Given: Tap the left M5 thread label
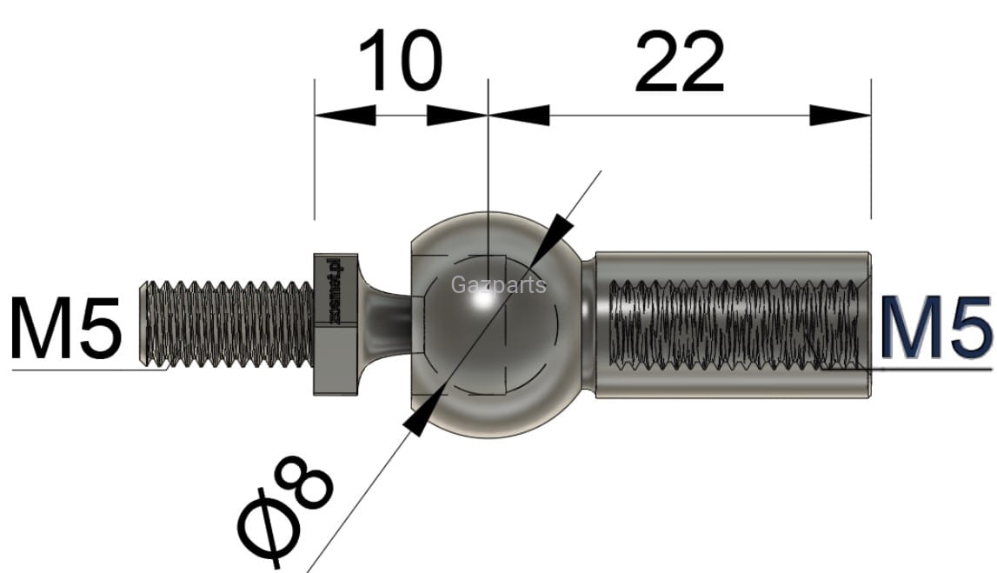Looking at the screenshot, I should [66, 329].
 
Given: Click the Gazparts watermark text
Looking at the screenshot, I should [499, 284].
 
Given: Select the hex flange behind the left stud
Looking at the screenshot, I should [335, 323].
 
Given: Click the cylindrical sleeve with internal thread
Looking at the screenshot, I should [730, 323].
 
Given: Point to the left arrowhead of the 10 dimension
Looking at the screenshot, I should [344, 116].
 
